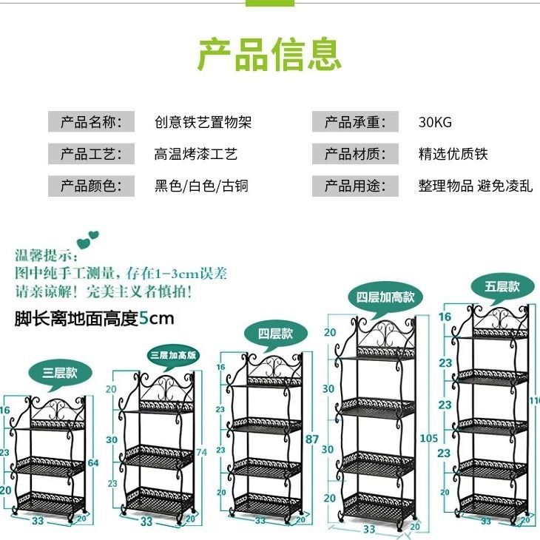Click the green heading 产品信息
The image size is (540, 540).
[x=269, y=53]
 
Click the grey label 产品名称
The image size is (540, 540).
[x=91, y=122]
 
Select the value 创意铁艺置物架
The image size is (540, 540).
[x=203, y=122]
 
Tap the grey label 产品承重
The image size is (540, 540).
[x=356, y=122]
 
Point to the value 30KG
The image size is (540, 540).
[x=434, y=122]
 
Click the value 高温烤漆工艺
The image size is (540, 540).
[x=195, y=154]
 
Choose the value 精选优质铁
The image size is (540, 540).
[x=453, y=154]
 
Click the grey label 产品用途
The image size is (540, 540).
[x=356, y=186]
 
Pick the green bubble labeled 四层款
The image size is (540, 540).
[x=275, y=334]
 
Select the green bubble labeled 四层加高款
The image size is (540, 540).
[x=385, y=297]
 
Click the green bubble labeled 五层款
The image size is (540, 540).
[x=502, y=286]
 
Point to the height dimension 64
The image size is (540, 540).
[x=92, y=464]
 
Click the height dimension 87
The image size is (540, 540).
[x=312, y=439]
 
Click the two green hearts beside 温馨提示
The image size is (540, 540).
[x=89, y=241]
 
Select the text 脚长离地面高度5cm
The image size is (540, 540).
[x=94, y=319]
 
